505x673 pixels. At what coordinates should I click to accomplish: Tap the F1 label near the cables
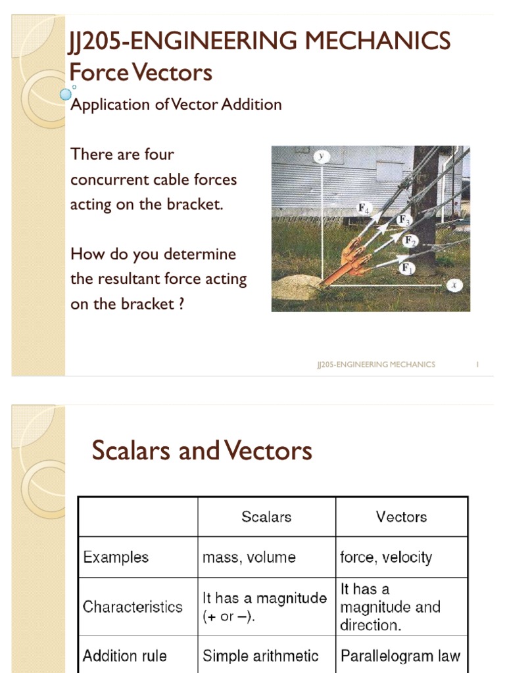[x=406, y=268]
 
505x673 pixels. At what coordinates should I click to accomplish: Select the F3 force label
[x=404, y=220]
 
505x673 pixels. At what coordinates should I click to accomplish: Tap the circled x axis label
[x=453, y=285]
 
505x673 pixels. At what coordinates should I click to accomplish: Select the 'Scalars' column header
[x=266, y=517]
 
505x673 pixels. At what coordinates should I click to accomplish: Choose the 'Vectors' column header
[x=401, y=517]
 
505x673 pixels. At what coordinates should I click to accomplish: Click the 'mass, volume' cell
[x=249, y=557]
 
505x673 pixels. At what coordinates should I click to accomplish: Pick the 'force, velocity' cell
[x=386, y=557]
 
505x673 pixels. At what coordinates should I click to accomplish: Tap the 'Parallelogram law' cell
[x=400, y=655]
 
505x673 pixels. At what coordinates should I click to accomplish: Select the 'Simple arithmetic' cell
[x=260, y=655]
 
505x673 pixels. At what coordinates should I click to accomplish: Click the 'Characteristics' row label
[x=132, y=606]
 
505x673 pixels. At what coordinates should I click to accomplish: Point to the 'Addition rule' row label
[x=125, y=655]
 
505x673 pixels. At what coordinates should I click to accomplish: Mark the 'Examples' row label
[x=116, y=557]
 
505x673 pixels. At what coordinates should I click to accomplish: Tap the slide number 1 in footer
[x=476, y=364]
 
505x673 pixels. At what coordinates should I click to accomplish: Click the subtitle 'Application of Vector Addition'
[x=176, y=104]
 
